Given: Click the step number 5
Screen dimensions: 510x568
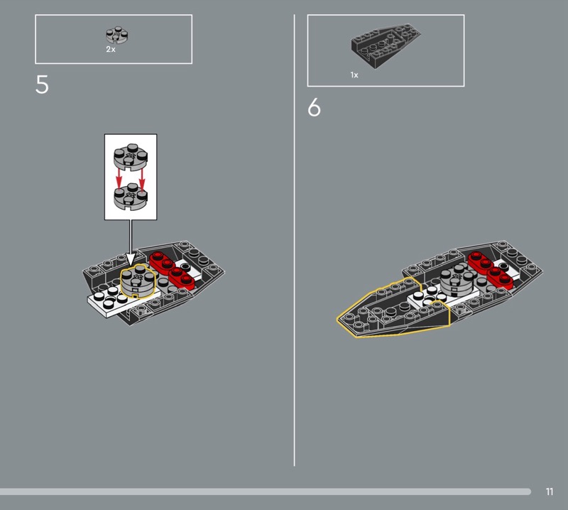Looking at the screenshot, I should (x=43, y=85).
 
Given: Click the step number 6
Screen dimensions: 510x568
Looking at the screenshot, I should (x=315, y=109).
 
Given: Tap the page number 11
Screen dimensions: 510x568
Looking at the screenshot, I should (x=550, y=492).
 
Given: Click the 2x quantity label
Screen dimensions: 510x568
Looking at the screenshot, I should (x=111, y=50).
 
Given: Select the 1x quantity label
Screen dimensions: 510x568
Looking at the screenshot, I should (x=354, y=75).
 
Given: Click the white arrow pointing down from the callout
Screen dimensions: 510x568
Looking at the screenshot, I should (x=131, y=242).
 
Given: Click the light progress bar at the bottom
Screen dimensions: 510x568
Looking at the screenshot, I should (x=263, y=492).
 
